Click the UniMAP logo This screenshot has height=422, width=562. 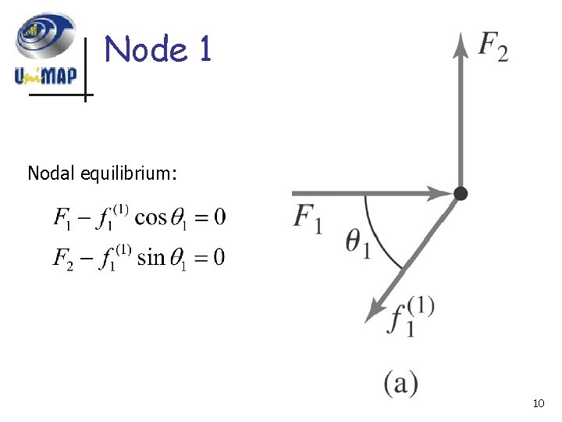(x=45, y=51)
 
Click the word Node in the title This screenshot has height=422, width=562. (x=146, y=50)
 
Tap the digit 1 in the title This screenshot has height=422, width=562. (x=205, y=50)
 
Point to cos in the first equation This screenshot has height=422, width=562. (x=151, y=216)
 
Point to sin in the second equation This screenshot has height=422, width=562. (x=151, y=258)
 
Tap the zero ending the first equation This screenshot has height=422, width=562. (x=219, y=216)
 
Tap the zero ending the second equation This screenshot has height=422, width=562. (x=218, y=258)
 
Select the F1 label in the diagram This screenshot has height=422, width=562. (x=308, y=218)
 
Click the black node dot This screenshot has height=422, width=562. (x=461, y=192)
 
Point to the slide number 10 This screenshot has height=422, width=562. (x=538, y=404)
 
